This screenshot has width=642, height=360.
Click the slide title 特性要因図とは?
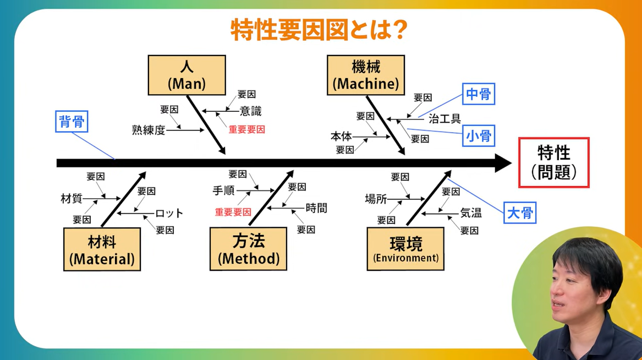pos(319,30)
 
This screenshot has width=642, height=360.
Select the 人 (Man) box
pos(186,75)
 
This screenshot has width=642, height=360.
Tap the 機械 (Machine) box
pos(366,75)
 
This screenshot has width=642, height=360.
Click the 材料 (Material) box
pos(102,249)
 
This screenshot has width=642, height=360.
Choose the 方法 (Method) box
pos(248,249)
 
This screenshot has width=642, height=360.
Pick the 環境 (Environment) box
pos(405,249)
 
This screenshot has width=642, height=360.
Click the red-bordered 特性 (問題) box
pos(553,162)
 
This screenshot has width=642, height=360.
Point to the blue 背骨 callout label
pos(72,122)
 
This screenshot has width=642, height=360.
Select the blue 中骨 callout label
pos(478,95)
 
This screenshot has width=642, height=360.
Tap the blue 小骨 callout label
pos(478,135)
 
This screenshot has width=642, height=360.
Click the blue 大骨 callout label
pos(519,213)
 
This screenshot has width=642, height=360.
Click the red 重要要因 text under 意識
pos(247,130)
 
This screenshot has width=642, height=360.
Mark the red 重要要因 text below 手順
pos(233,212)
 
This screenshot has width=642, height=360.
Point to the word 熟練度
pos(149,130)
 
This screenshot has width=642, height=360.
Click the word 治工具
pos(445,119)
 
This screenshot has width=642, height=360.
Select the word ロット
pos(169,214)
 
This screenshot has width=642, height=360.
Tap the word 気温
pos(471,213)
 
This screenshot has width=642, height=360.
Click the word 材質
pos(72,199)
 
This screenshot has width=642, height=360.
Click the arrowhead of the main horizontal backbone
pos(503,163)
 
